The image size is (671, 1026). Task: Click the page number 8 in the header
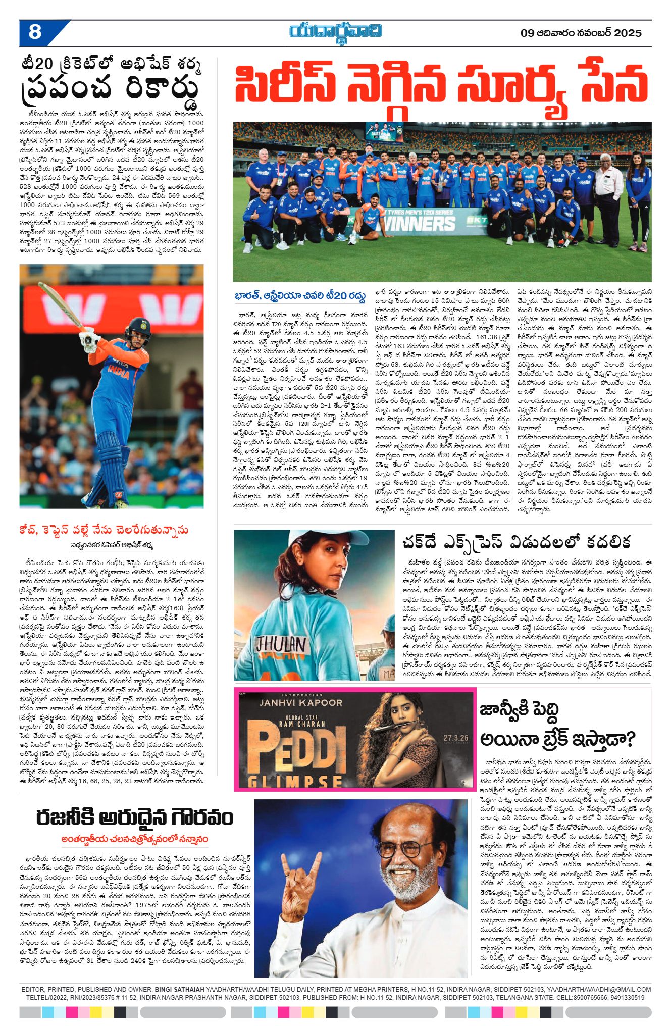35,32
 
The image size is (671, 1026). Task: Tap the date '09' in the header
527,33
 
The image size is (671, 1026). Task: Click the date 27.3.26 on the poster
456,738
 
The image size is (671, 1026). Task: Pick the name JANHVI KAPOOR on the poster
300,702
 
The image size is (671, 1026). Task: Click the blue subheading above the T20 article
300,296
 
